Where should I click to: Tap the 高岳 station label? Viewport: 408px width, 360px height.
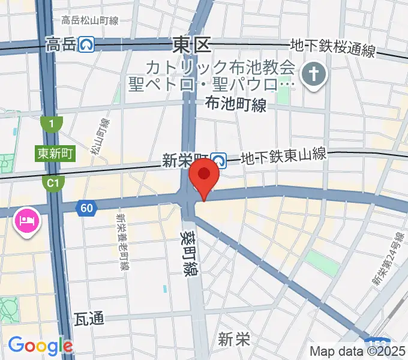pos(61,44)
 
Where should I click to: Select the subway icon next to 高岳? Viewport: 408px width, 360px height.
pos(88,44)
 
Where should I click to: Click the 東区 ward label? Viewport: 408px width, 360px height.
pos(191,44)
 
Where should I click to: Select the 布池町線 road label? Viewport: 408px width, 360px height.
pos(235,105)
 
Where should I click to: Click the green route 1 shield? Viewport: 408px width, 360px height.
pos(52,124)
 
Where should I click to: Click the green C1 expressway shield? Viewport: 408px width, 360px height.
pos(52,181)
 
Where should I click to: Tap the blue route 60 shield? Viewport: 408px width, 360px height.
pos(86,208)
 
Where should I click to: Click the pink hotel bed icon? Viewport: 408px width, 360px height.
pos(26,221)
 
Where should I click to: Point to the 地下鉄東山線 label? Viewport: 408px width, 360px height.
pos(283,156)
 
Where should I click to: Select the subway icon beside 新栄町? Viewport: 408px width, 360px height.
pos(218,160)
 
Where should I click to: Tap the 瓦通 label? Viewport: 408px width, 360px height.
pos(89,318)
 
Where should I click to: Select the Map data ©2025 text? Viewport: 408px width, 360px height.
pos(357,352)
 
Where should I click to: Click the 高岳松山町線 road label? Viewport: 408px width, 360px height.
pos(90,20)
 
